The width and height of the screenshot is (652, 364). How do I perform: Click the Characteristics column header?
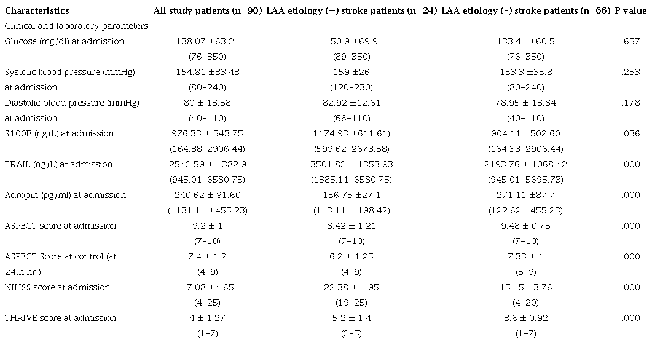click(x=36, y=10)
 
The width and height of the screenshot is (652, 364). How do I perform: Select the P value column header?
click(x=630, y=10)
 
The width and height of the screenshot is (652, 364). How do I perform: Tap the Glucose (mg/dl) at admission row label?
click(x=64, y=41)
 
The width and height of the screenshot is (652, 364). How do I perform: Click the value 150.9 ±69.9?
click(x=352, y=41)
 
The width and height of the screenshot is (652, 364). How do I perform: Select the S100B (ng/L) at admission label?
click(x=59, y=133)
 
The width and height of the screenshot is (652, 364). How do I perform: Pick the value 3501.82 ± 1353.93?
click(x=352, y=164)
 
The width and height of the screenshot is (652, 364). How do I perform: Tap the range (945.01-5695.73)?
click(x=524, y=180)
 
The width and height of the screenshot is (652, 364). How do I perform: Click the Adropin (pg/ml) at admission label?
click(x=65, y=195)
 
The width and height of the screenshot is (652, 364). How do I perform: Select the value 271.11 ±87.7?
click(x=524, y=195)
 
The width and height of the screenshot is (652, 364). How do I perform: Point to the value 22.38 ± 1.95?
click(x=352, y=287)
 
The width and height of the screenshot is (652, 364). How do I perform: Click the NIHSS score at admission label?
click(x=57, y=287)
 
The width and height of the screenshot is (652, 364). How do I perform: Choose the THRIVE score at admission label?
click(x=60, y=318)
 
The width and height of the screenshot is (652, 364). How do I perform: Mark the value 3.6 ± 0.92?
click(x=524, y=318)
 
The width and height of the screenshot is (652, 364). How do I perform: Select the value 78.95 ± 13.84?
click(x=524, y=103)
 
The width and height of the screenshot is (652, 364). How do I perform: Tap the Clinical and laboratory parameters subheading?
click(x=76, y=26)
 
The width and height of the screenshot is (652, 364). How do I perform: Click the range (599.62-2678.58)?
click(x=352, y=149)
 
